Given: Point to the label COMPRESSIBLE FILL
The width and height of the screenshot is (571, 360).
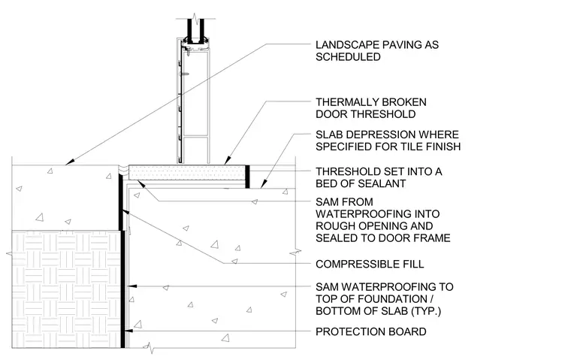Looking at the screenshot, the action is click(370, 264).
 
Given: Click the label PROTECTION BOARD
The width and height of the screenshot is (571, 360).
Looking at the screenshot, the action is click(370, 331).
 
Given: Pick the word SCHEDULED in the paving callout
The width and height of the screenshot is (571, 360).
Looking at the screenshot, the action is click(348, 57).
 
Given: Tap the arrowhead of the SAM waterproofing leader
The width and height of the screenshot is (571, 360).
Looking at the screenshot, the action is click(133, 286).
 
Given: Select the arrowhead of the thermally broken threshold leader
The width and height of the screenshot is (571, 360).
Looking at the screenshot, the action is click(228, 160).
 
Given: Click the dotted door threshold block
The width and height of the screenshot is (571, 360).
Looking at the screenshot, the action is click(187, 172).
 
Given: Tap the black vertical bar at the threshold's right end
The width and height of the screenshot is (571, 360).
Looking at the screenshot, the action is click(248, 177).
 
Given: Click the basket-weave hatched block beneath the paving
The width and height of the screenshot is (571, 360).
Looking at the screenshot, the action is click(66, 289).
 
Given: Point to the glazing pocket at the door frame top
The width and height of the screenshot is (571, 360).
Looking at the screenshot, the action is click(196, 39).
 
